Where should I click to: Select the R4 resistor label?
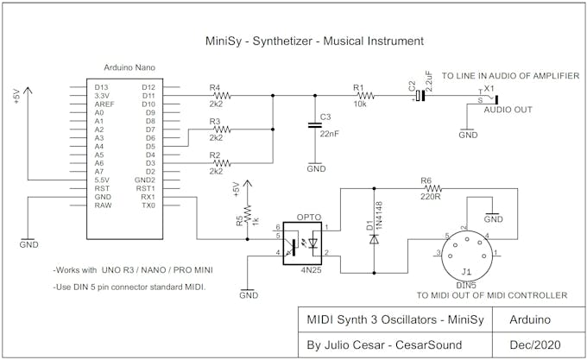pos(216,86)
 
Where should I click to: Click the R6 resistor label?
pos(426,180)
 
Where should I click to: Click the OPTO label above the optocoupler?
pos(309,217)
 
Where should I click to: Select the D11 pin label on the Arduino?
pos(148,96)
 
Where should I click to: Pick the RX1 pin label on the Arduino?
pos(148,197)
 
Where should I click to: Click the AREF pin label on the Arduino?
pos(104,104)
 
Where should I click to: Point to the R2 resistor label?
pos(216,154)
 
